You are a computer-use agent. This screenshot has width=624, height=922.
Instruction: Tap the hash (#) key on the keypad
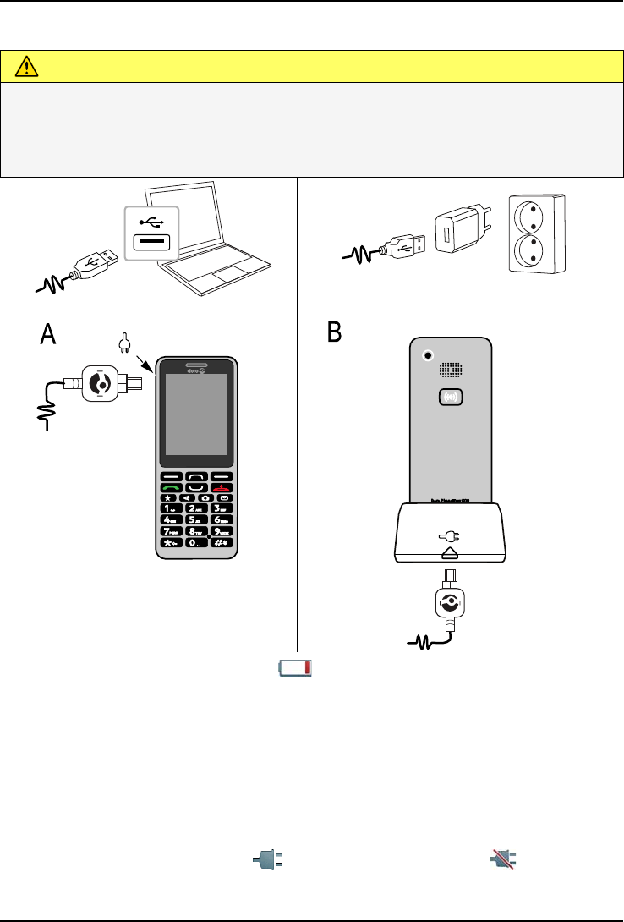pos(223,542)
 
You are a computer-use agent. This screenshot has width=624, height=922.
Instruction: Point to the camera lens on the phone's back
pos(430,355)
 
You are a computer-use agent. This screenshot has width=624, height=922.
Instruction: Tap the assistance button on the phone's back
pos(453,396)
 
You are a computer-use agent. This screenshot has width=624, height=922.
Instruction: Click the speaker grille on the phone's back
pos(453,370)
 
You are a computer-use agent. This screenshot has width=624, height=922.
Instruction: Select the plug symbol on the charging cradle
pos(450,535)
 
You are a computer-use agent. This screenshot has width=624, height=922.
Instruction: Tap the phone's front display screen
pos(196,414)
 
